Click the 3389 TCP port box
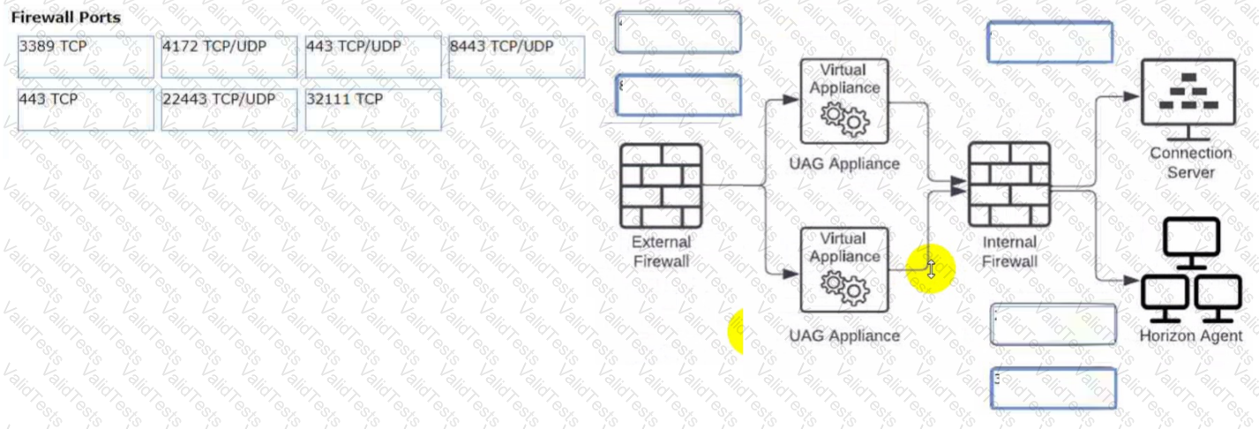[x=86, y=57]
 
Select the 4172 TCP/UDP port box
[x=229, y=57]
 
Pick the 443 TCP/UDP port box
[x=373, y=57]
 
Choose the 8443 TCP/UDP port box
[x=516, y=57]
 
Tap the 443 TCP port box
[x=86, y=109]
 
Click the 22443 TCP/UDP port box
[x=229, y=109]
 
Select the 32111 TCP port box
[x=373, y=109]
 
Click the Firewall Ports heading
[x=66, y=17]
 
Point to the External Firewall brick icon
[x=661, y=185]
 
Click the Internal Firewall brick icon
[x=1008, y=184]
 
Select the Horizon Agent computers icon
[x=1191, y=269]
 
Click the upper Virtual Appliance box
[x=843, y=101]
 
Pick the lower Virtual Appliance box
[x=843, y=269]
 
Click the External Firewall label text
[x=661, y=251]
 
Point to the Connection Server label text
[x=1190, y=162]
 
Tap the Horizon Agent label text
[x=1190, y=336]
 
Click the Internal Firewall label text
[x=1009, y=251]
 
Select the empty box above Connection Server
[x=1049, y=41]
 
